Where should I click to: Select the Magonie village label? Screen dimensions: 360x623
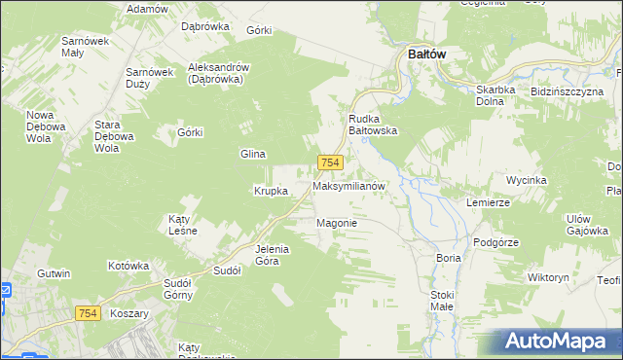pos(337,223)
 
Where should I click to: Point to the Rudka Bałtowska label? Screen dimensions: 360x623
pos(373,125)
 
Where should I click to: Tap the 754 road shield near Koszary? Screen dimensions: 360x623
pos(89,312)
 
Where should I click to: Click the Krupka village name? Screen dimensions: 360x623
pos(271,191)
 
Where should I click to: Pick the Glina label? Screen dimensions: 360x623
pos(253,154)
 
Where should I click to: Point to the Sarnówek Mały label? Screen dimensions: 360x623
pos(85,48)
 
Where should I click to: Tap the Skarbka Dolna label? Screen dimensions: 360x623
pos(501,95)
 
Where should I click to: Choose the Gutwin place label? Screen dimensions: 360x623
pos(54,273)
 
